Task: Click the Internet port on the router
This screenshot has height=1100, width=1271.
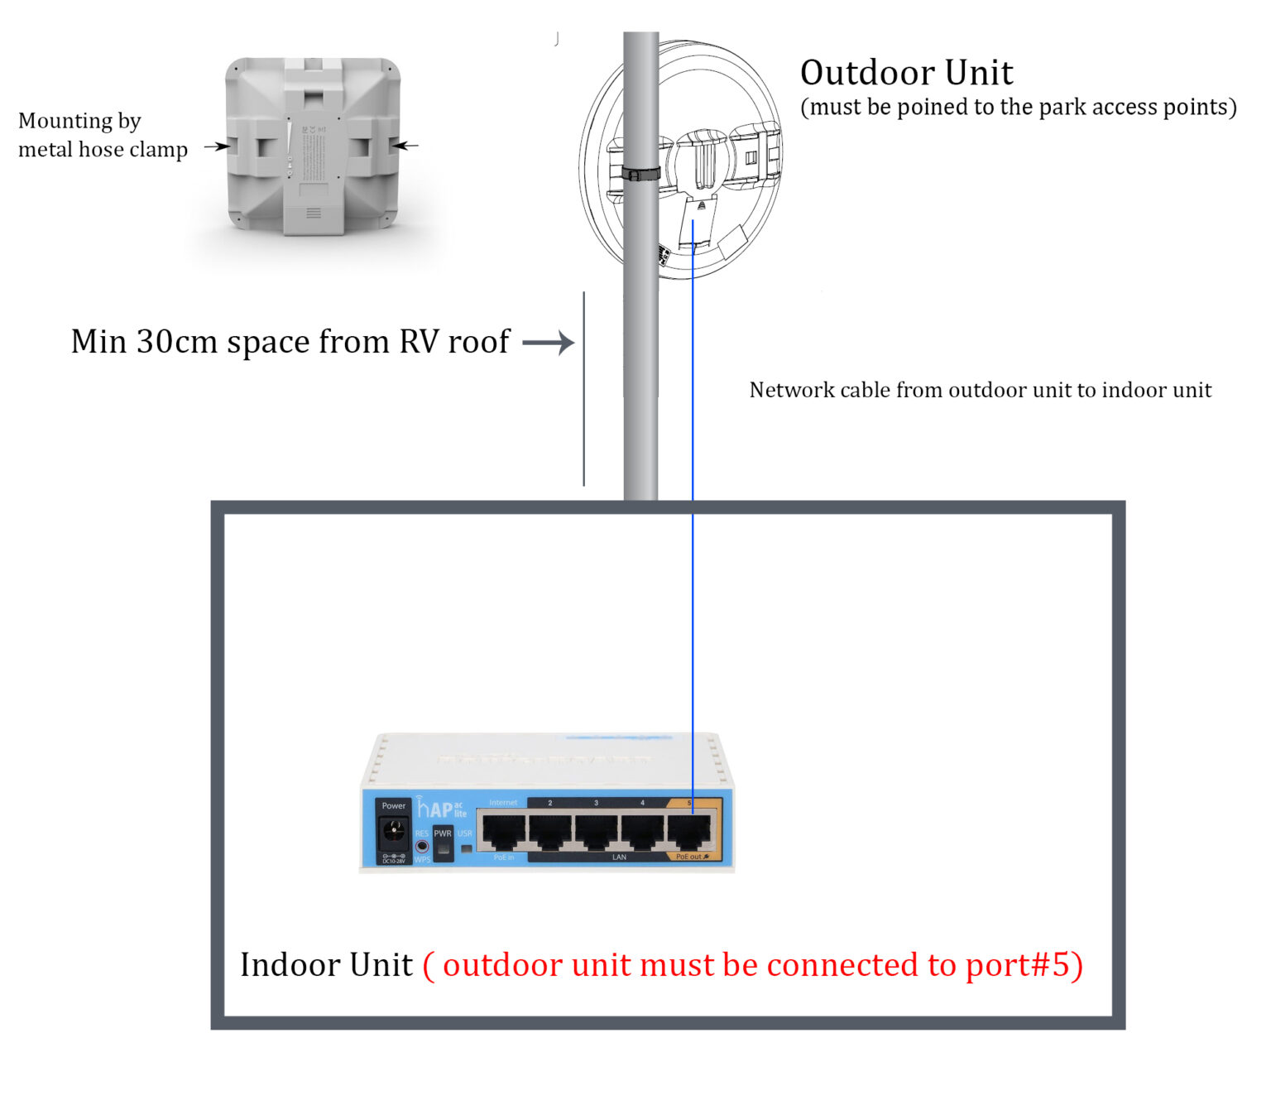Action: pyautogui.click(x=504, y=832)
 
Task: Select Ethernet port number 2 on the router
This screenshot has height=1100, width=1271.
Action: pyautogui.click(x=550, y=832)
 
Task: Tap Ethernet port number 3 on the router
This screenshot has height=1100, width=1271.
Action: pyautogui.click(x=597, y=832)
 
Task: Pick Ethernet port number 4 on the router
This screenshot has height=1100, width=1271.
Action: pyautogui.click(x=643, y=832)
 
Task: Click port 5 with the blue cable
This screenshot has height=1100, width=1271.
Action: pyautogui.click(x=689, y=832)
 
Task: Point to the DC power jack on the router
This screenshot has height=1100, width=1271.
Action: pyautogui.click(x=394, y=831)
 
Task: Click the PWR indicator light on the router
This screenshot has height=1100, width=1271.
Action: pyautogui.click(x=444, y=848)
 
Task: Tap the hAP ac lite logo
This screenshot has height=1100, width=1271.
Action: pyautogui.click(x=441, y=809)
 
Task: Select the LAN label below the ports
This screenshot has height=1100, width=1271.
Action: pyautogui.click(x=619, y=857)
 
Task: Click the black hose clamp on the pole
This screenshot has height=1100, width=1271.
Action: pyautogui.click(x=640, y=174)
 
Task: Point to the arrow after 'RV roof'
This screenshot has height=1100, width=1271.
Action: pyautogui.click(x=548, y=342)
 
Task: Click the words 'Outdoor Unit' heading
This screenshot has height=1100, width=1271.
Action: pyautogui.click(x=906, y=73)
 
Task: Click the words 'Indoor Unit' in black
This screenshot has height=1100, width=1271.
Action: pyautogui.click(x=326, y=965)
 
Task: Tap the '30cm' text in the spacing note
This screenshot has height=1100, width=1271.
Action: pyautogui.click(x=176, y=342)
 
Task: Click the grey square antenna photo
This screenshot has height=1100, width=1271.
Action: pyautogui.click(x=313, y=145)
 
